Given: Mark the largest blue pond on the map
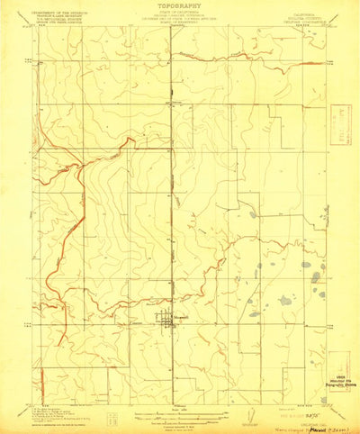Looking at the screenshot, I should (x=286, y=301).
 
